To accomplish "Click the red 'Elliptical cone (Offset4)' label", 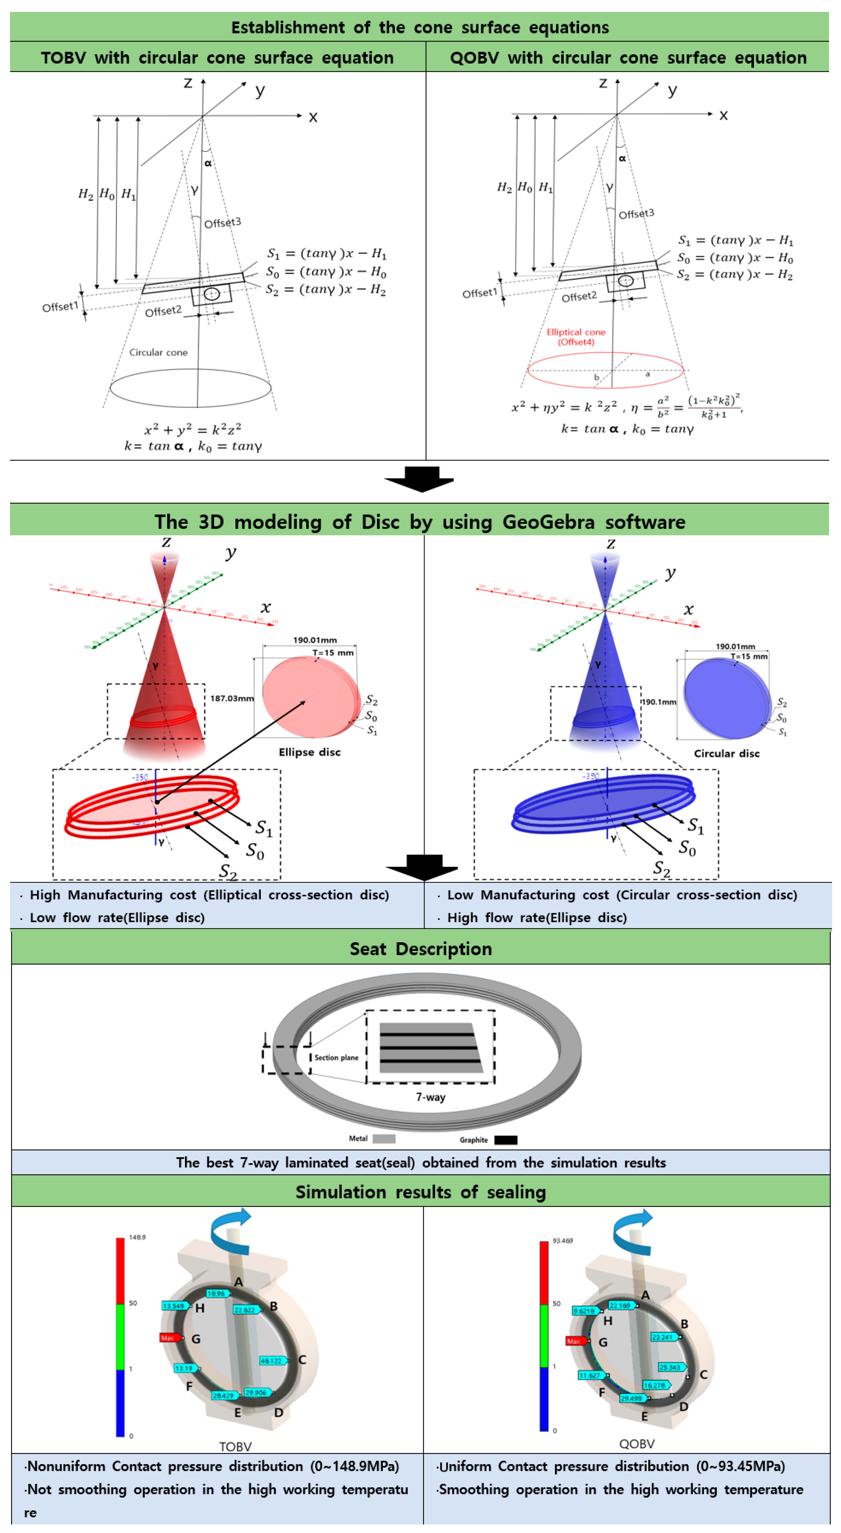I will tap(576, 337).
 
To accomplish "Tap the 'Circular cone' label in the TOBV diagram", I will tap(158, 352).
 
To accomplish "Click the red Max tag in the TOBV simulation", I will tap(169, 1338).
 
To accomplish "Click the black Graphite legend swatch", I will tap(505, 1140).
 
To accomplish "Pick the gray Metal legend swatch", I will tap(384, 1138).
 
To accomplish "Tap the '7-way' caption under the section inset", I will tap(430, 1097).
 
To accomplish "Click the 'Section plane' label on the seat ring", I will tap(336, 1058).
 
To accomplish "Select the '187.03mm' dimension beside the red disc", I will tap(231, 698).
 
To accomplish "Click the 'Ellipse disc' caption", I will tap(310, 752).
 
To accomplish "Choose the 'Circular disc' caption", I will tap(727, 753).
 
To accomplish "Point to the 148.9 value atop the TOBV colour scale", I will tap(137, 1237).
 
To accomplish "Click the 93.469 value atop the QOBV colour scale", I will tap(562, 1241).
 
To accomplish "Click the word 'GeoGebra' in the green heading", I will tap(548, 522).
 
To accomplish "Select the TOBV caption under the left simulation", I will tap(235, 1446).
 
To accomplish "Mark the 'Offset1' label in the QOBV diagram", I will tap(479, 293).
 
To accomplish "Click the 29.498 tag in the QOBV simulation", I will tap(631, 1398).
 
